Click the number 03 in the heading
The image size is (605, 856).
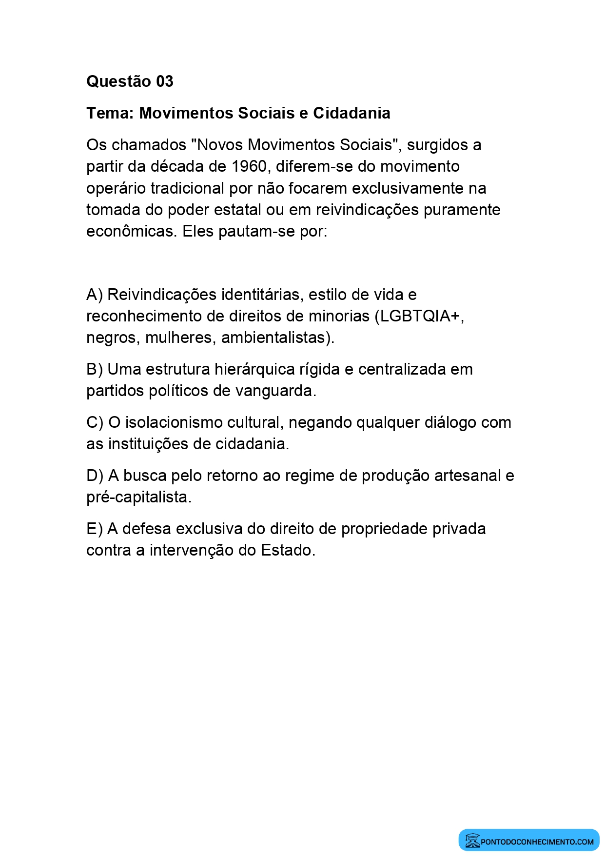point(164,81)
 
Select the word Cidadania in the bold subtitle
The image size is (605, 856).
point(351,113)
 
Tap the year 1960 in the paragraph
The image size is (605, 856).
point(249,166)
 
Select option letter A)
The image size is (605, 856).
point(95,295)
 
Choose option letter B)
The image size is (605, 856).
point(95,369)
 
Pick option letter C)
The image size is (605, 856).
point(95,422)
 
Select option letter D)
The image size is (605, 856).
point(95,476)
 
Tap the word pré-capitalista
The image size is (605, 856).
point(138,497)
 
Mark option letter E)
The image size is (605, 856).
point(95,529)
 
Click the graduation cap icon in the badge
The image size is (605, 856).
point(472,840)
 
